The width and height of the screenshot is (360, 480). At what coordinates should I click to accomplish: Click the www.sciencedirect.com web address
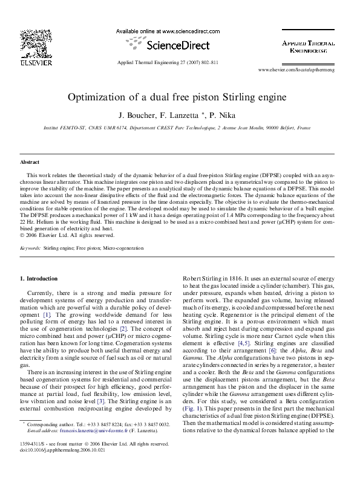[182, 30]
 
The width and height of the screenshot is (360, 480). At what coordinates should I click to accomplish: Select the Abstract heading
[30, 163]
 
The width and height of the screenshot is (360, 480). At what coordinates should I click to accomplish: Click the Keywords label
[30, 248]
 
